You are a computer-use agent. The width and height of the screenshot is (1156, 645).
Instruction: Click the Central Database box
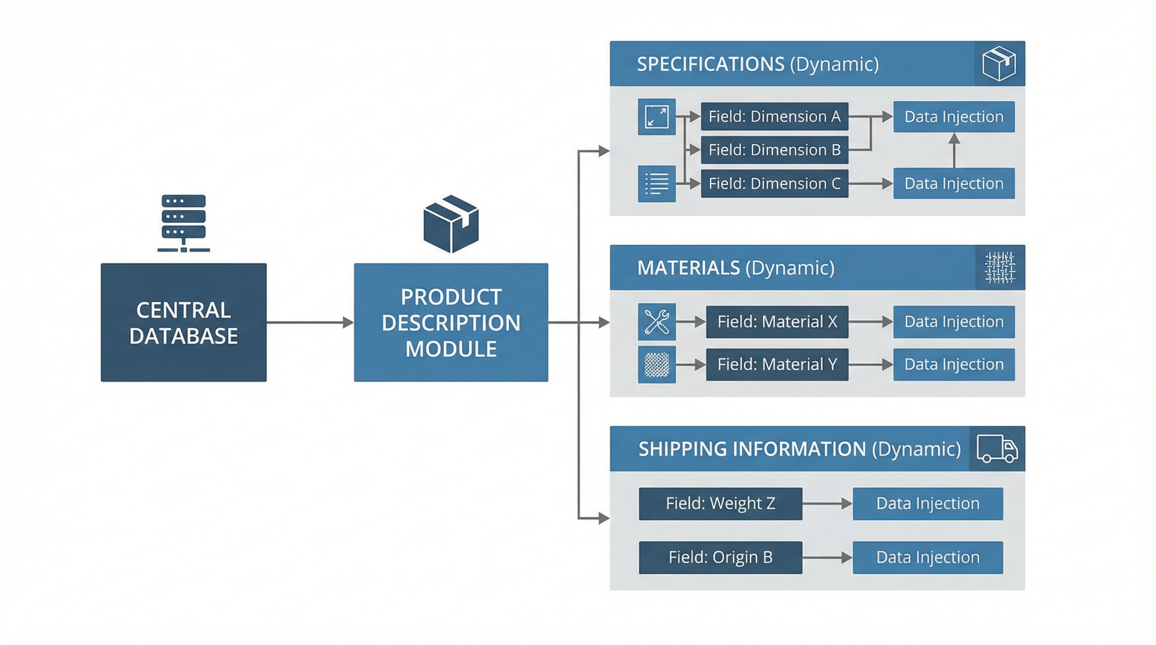(x=183, y=322)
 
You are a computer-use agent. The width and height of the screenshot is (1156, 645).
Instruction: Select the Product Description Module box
(x=451, y=322)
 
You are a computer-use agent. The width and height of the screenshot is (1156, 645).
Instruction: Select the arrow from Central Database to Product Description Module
(x=310, y=322)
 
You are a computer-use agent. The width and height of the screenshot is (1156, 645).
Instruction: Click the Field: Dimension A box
(x=774, y=117)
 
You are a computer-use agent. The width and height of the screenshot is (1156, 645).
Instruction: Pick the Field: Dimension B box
(x=774, y=150)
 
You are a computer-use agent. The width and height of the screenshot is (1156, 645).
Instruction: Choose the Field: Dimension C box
(x=774, y=184)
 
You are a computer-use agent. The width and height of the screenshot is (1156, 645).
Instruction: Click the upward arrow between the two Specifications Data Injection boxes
(x=954, y=150)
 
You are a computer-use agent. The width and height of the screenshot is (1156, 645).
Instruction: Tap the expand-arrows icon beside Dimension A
(x=657, y=117)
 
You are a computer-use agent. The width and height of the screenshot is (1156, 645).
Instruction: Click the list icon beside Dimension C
(x=657, y=184)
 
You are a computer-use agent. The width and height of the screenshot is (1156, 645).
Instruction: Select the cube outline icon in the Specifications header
(x=999, y=64)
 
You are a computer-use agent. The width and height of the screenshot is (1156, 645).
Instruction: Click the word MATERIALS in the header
(x=688, y=268)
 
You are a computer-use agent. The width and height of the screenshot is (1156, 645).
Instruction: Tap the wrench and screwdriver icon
(x=657, y=322)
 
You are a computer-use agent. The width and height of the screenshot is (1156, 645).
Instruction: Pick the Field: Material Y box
(x=777, y=364)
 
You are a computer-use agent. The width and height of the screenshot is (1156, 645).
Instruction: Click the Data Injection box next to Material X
(x=954, y=322)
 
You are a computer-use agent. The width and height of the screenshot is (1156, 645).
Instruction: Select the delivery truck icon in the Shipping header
(x=997, y=448)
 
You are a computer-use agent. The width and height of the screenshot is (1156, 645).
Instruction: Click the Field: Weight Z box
(x=720, y=503)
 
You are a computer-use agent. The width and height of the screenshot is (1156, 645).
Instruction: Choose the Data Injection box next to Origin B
(x=927, y=557)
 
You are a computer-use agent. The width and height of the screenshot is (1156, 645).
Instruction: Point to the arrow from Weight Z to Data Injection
(x=827, y=503)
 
